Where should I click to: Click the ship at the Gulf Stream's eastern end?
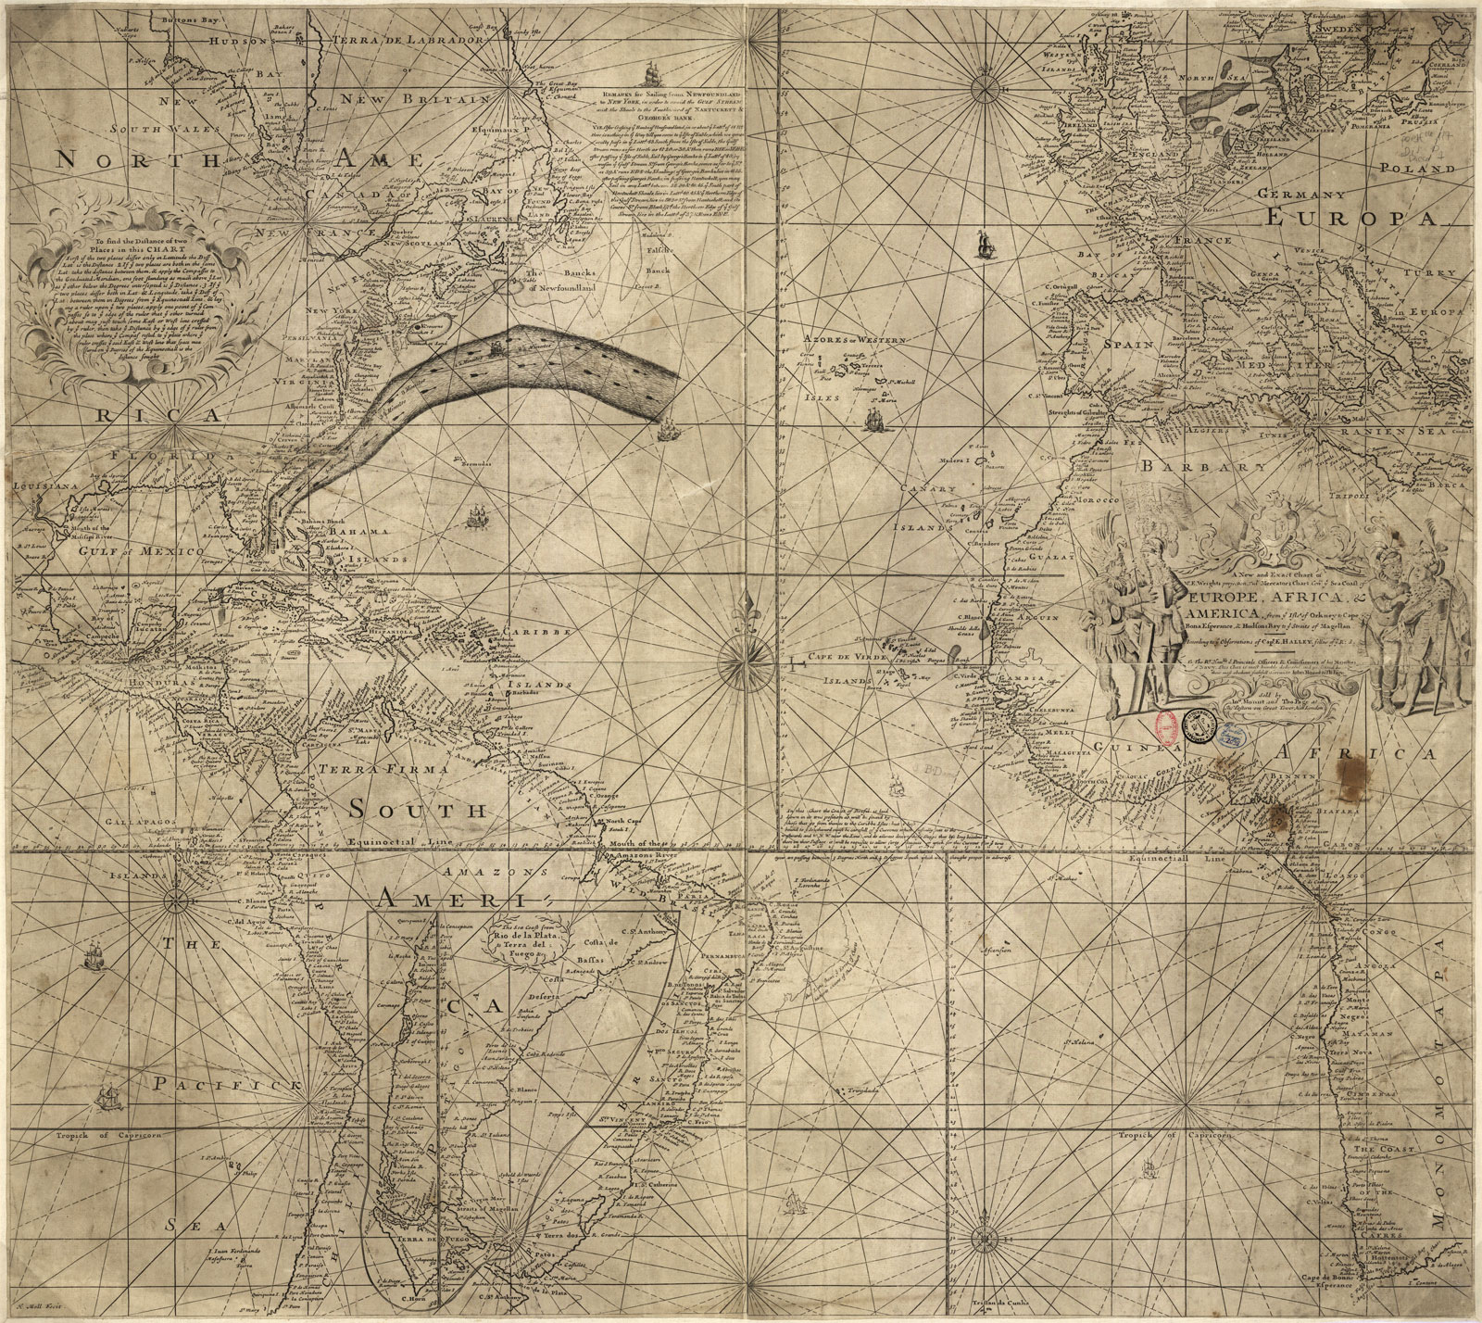point(669,429)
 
